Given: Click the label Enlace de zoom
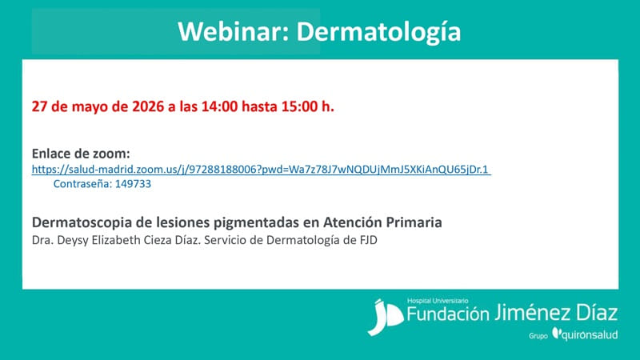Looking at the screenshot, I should tap(81, 154).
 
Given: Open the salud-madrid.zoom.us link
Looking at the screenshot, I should tap(261, 169).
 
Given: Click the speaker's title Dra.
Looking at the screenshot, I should tap(42, 238).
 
